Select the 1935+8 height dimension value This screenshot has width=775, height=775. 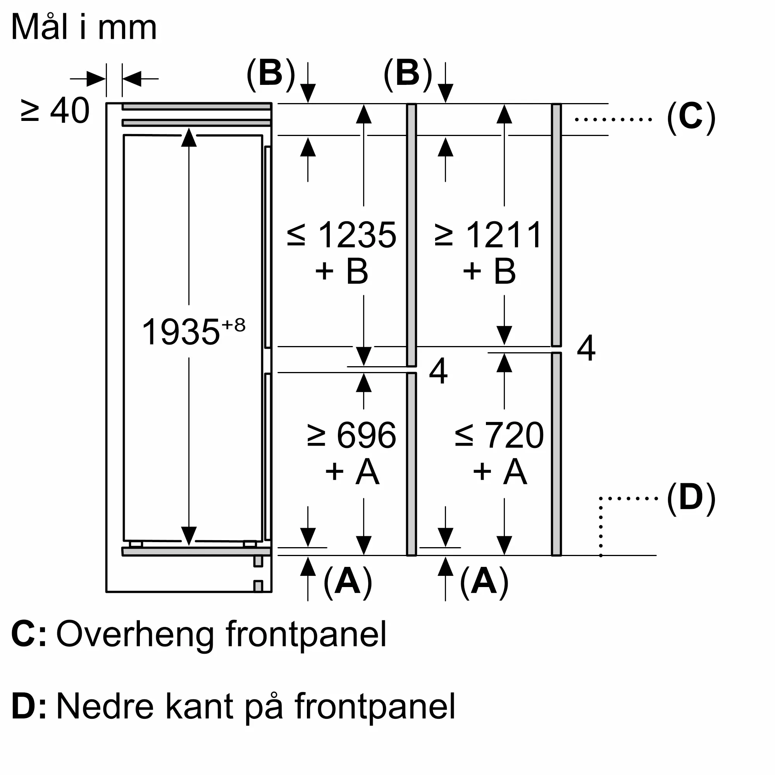[193, 331]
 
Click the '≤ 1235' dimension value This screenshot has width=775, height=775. [342, 235]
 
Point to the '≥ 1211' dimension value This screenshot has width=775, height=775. [488, 235]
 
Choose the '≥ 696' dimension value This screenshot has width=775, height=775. [352, 435]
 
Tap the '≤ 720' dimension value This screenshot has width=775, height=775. [499, 435]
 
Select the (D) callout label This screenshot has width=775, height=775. [691, 498]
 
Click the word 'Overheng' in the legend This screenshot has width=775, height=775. [135, 635]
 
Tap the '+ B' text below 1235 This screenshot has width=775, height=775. [342, 271]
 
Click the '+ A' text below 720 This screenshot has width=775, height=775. [500, 471]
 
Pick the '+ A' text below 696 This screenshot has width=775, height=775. [352, 471]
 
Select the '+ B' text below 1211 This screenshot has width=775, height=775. [489, 271]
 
